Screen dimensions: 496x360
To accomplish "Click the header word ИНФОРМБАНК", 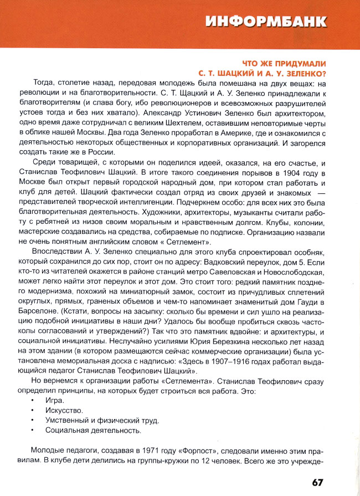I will pos(266,22).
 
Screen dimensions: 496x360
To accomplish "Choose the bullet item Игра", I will pos(55,400).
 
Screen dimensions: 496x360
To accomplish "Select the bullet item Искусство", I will pos(64,410).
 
